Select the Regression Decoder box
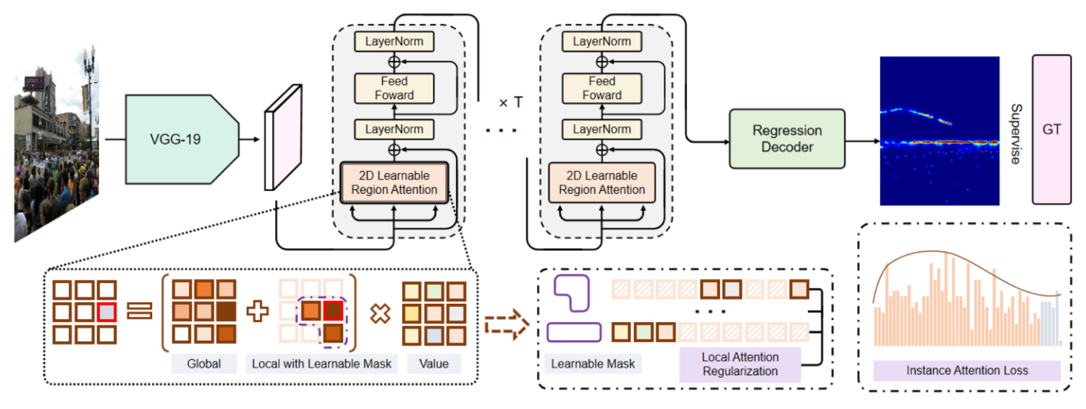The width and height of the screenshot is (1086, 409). (x=786, y=139)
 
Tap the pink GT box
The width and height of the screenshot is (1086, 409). (x=1051, y=129)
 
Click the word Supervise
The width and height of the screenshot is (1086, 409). (x=1016, y=133)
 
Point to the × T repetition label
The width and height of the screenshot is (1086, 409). (x=510, y=103)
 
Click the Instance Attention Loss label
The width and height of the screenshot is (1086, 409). (x=967, y=370)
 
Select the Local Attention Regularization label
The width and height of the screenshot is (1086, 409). (x=740, y=364)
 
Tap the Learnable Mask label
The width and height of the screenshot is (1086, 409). (x=592, y=363)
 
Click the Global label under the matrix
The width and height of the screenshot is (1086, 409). (x=204, y=363)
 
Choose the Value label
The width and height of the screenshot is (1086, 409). (x=433, y=363)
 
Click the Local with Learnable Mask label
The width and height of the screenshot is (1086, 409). (x=321, y=363)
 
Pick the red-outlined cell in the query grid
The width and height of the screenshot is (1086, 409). (x=107, y=312)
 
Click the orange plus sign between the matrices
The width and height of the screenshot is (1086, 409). (x=257, y=311)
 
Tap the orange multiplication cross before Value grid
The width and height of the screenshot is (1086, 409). (x=380, y=313)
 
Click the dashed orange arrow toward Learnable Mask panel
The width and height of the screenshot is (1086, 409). (x=507, y=325)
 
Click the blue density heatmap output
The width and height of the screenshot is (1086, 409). (x=939, y=130)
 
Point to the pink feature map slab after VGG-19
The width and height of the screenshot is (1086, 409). (x=283, y=138)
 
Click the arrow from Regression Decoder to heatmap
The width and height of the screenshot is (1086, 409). (x=862, y=141)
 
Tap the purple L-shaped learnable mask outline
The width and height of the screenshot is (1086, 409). (x=572, y=292)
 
